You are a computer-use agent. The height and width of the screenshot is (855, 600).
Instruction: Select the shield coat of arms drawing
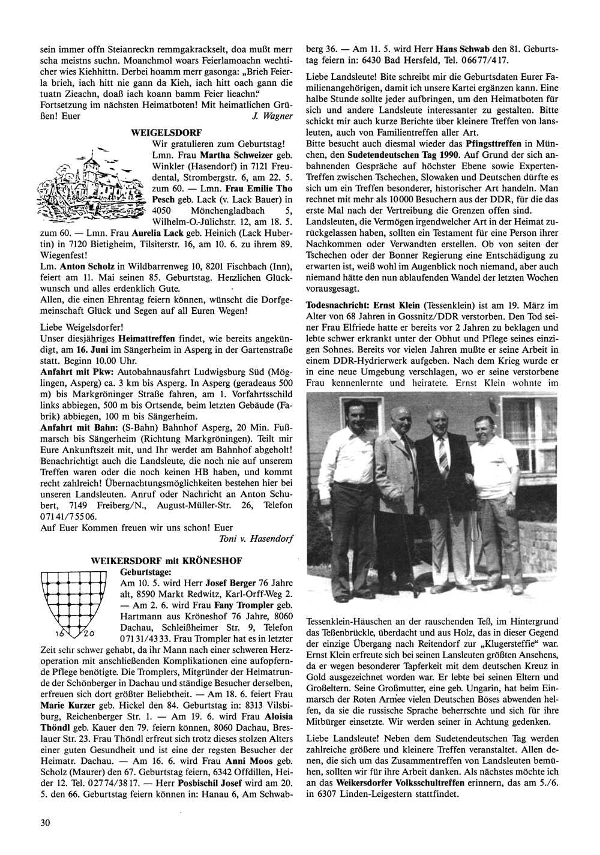(x=70, y=602)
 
